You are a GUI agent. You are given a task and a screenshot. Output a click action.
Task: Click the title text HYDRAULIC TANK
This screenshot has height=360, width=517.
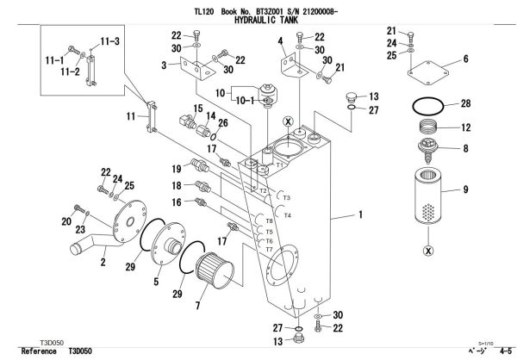coord(258,16)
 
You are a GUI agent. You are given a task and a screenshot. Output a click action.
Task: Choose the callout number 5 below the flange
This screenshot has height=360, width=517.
coord(156,281)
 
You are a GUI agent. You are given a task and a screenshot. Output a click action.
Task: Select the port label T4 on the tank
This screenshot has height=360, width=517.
coord(288,215)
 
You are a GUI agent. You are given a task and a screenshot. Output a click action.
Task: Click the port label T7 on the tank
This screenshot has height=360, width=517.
coord(270,250)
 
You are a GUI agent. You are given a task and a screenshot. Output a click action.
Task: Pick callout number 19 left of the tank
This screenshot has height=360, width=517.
coord(176,168)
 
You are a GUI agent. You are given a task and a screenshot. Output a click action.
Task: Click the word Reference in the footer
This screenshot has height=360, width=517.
coord(39,352)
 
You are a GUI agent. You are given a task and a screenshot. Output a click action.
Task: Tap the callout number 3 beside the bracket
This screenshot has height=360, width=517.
coord(163,64)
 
